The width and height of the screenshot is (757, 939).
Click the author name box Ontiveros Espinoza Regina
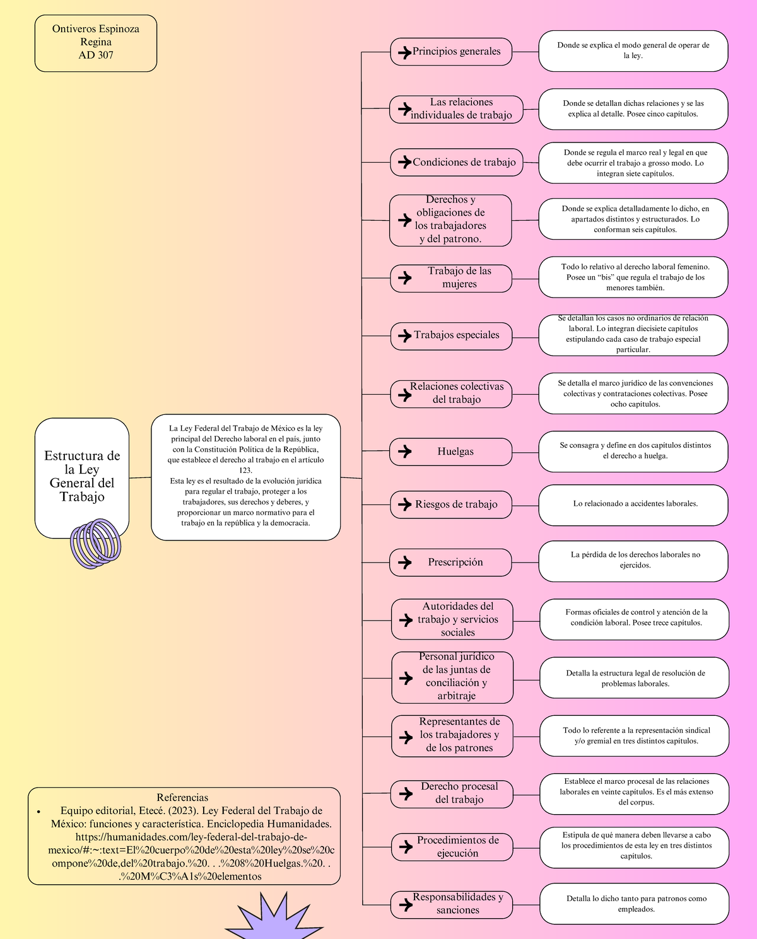tap(96, 43)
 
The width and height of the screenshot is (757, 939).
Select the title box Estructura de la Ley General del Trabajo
tap(81, 478)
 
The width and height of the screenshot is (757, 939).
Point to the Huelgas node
tap(450, 452)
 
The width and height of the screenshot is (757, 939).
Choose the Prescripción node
tap(450, 563)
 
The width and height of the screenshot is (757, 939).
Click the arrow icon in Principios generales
tap(405, 52)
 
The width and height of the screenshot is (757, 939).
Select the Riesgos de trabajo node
tap(451, 505)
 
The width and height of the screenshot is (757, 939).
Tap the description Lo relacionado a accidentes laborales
tap(633, 505)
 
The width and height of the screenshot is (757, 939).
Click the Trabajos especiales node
tap(451, 336)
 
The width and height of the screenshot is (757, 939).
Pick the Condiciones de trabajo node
tap(457, 162)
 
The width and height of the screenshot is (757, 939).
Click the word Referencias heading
tap(182, 797)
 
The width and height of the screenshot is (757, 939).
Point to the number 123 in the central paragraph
tap(245, 470)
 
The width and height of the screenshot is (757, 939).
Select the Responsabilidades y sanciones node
tap(452, 904)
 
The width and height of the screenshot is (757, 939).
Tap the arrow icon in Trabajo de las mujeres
tap(405, 278)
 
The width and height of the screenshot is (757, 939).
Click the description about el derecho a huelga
tap(633, 452)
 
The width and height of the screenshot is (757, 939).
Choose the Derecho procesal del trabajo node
tap(452, 794)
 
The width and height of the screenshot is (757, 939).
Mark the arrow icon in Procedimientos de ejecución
tap(406, 847)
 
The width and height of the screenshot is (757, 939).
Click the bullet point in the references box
tap(39, 812)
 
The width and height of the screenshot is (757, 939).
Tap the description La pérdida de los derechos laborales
tap(633, 561)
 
